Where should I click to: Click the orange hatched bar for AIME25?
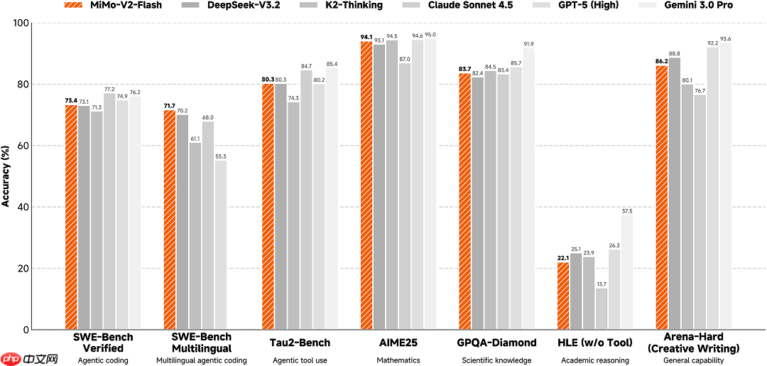point(366,185)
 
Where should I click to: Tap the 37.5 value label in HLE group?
point(627,211)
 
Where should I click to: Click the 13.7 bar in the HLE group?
point(602,308)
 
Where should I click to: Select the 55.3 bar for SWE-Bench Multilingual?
point(221,244)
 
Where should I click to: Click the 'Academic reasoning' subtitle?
point(595,360)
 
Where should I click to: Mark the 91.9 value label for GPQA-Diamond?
point(528,44)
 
